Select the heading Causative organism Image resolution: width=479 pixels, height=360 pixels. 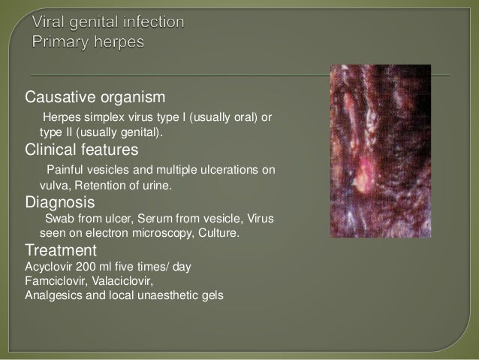pyautogui.click(x=95, y=98)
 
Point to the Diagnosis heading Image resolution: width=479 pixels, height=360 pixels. pyautogui.click(x=59, y=201)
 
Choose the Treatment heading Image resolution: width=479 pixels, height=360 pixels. pyautogui.click(x=61, y=250)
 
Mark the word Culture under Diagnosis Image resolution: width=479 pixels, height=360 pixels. pyautogui.click(x=218, y=233)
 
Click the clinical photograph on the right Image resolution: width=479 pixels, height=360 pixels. pyautogui.click(x=381, y=151)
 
